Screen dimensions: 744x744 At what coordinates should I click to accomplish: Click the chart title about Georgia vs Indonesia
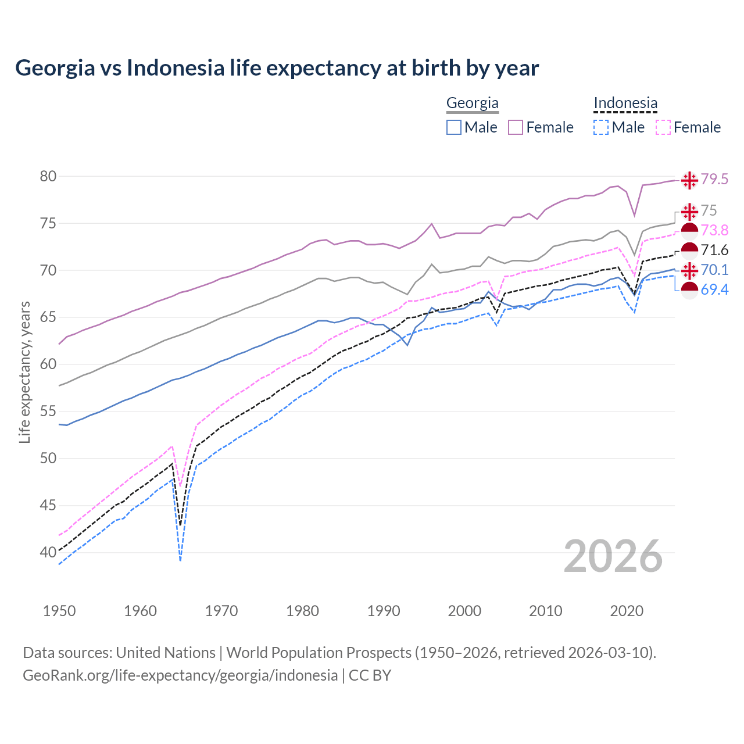point(277,67)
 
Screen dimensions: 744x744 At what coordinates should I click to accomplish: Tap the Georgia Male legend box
point(454,127)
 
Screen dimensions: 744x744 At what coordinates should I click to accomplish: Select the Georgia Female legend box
point(516,127)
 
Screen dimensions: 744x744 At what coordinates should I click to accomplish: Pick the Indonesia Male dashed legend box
point(601,127)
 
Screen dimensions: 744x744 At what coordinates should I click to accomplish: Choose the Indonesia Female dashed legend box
point(663,127)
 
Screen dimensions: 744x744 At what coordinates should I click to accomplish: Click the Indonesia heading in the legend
point(625,103)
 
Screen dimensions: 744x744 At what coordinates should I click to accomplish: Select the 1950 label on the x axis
point(59,611)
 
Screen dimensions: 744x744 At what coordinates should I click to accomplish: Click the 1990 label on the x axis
point(384,611)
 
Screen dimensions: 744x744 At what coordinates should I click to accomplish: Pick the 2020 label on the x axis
point(627,611)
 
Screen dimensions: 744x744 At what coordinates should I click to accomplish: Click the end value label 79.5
point(714,180)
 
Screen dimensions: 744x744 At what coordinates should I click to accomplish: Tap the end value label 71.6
point(714,251)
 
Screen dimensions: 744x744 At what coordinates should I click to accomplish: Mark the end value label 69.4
point(714,289)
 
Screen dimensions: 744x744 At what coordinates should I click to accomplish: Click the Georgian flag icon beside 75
point(689,211)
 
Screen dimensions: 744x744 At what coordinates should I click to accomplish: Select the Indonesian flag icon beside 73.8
point(689,231)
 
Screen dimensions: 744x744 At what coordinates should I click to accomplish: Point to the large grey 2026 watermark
point(613,556)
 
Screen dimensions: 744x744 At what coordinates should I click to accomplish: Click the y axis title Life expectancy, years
point(24,372)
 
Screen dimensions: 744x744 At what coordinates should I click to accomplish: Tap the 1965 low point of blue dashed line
point(181,560)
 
